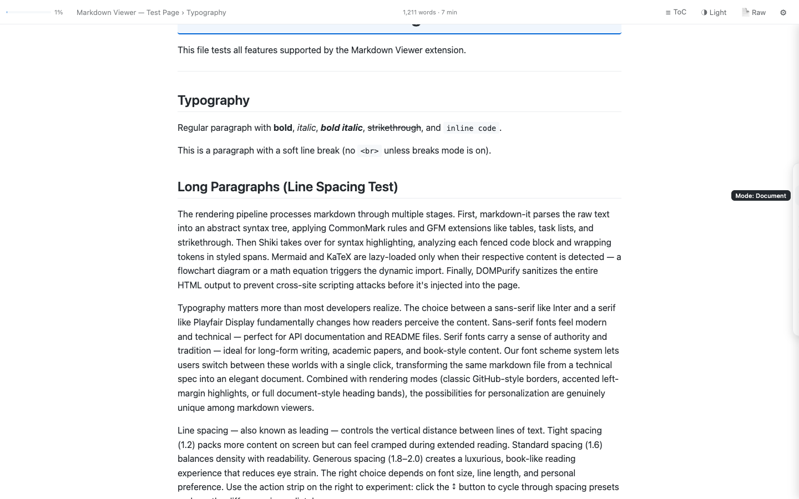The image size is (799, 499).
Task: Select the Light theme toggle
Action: (x=714, y=12)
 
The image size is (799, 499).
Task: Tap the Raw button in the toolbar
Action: (x=754, y=12)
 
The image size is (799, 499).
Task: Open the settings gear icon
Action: (x=783, y=12)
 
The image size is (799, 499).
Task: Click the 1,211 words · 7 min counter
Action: (x=429, y=12)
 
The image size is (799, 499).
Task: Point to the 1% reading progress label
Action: (x=58, y=12)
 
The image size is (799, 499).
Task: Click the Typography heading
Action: (x=213, y=100)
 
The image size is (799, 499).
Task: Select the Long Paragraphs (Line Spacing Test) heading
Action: (x=287, y=187)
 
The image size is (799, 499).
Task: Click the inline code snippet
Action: (x=471, y=128)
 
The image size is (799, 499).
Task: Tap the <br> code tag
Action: (x=369, y=151)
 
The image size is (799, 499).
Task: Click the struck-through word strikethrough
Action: (x=394, y=128)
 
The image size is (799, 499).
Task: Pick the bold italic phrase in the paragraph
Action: (x=341, y=128)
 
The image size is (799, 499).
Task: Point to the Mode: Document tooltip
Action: (x=760, y=196)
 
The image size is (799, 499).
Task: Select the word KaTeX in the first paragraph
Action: (x=338, y=257)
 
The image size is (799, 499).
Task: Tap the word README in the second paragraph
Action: (x=402, y=337)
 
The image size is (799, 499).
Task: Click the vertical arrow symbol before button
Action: (x=454, y=487)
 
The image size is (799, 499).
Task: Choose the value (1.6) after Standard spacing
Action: (x=593, y=445)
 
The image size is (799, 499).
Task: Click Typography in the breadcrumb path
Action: (x=206, y=12)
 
